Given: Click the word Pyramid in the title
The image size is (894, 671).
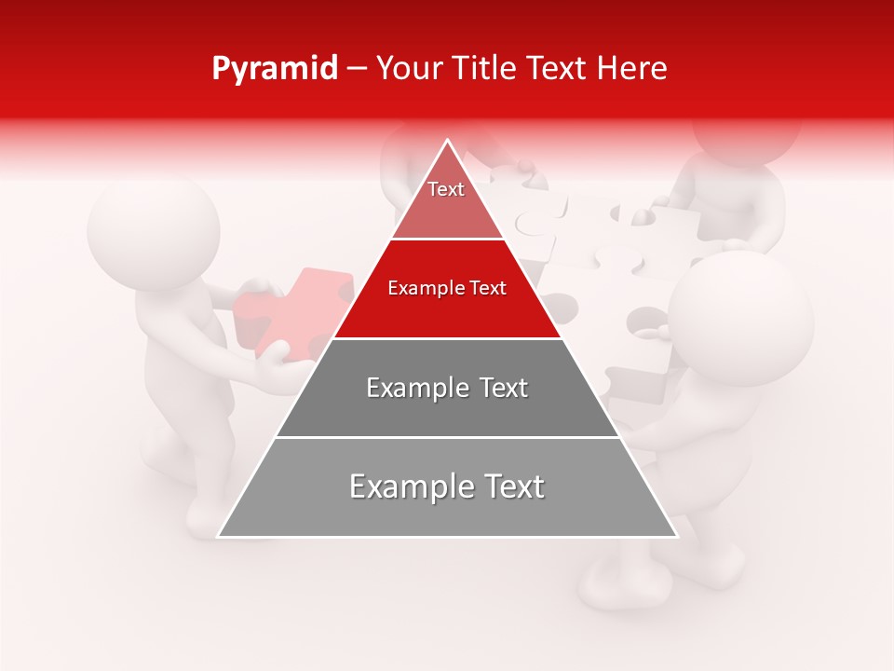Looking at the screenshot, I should tap(274, 69).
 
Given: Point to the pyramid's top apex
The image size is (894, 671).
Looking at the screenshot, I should tap(447, 142).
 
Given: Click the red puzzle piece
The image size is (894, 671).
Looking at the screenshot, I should tap(292, 312).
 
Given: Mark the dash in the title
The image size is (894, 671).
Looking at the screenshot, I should tap(357, 69).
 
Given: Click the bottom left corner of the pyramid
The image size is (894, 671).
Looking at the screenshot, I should tap(220, 536).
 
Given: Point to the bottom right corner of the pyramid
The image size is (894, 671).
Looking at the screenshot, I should tap(675, 536).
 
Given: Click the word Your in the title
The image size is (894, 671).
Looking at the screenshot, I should tap(408, 68).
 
